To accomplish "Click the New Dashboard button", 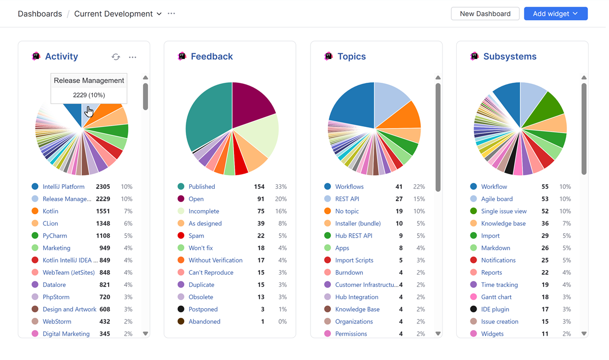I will [485, 14].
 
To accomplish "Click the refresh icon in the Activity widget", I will [116, 57].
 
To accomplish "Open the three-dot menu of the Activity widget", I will [132, 57].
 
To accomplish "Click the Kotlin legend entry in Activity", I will [50, 211].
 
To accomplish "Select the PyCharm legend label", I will [55, 236].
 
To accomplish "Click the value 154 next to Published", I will [259, 187].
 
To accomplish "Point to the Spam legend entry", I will [196, 236].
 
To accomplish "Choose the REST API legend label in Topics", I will [347, 199].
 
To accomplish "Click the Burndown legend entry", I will [349, 273].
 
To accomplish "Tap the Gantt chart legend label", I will [496, 297].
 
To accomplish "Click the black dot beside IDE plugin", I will [473, 309].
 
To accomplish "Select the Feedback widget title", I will [212, 56].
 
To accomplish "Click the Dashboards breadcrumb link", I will [40, 14].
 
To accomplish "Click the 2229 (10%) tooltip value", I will [89, 95].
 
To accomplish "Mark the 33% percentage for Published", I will [281, 187].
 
